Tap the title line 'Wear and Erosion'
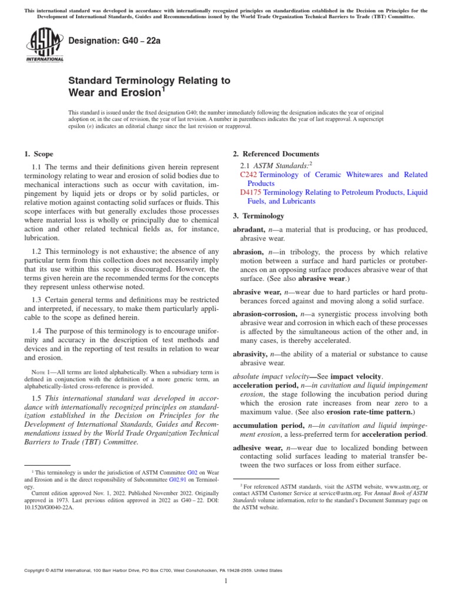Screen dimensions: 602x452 click(x=115, y=93)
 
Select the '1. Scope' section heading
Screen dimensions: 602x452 click(x=38, y=154)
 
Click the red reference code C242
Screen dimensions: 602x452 click(x=249, y=175)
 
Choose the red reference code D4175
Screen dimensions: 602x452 click(x=251, y=192)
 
